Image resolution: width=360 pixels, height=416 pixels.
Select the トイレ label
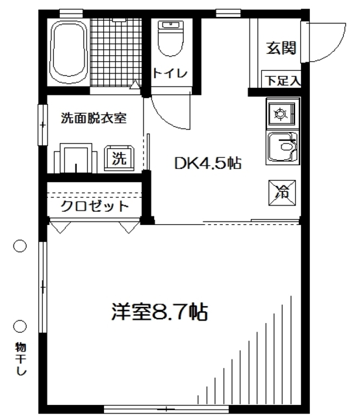tap(170, 73)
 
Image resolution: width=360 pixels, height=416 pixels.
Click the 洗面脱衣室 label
tap(93, 118)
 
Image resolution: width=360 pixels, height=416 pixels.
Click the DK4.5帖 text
tap(207, 163)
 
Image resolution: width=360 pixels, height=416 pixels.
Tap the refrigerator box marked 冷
tap(282, 191)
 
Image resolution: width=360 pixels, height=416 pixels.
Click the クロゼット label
tap(95, 206)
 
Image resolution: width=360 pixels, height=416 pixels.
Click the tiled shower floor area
tap(114, 49)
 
